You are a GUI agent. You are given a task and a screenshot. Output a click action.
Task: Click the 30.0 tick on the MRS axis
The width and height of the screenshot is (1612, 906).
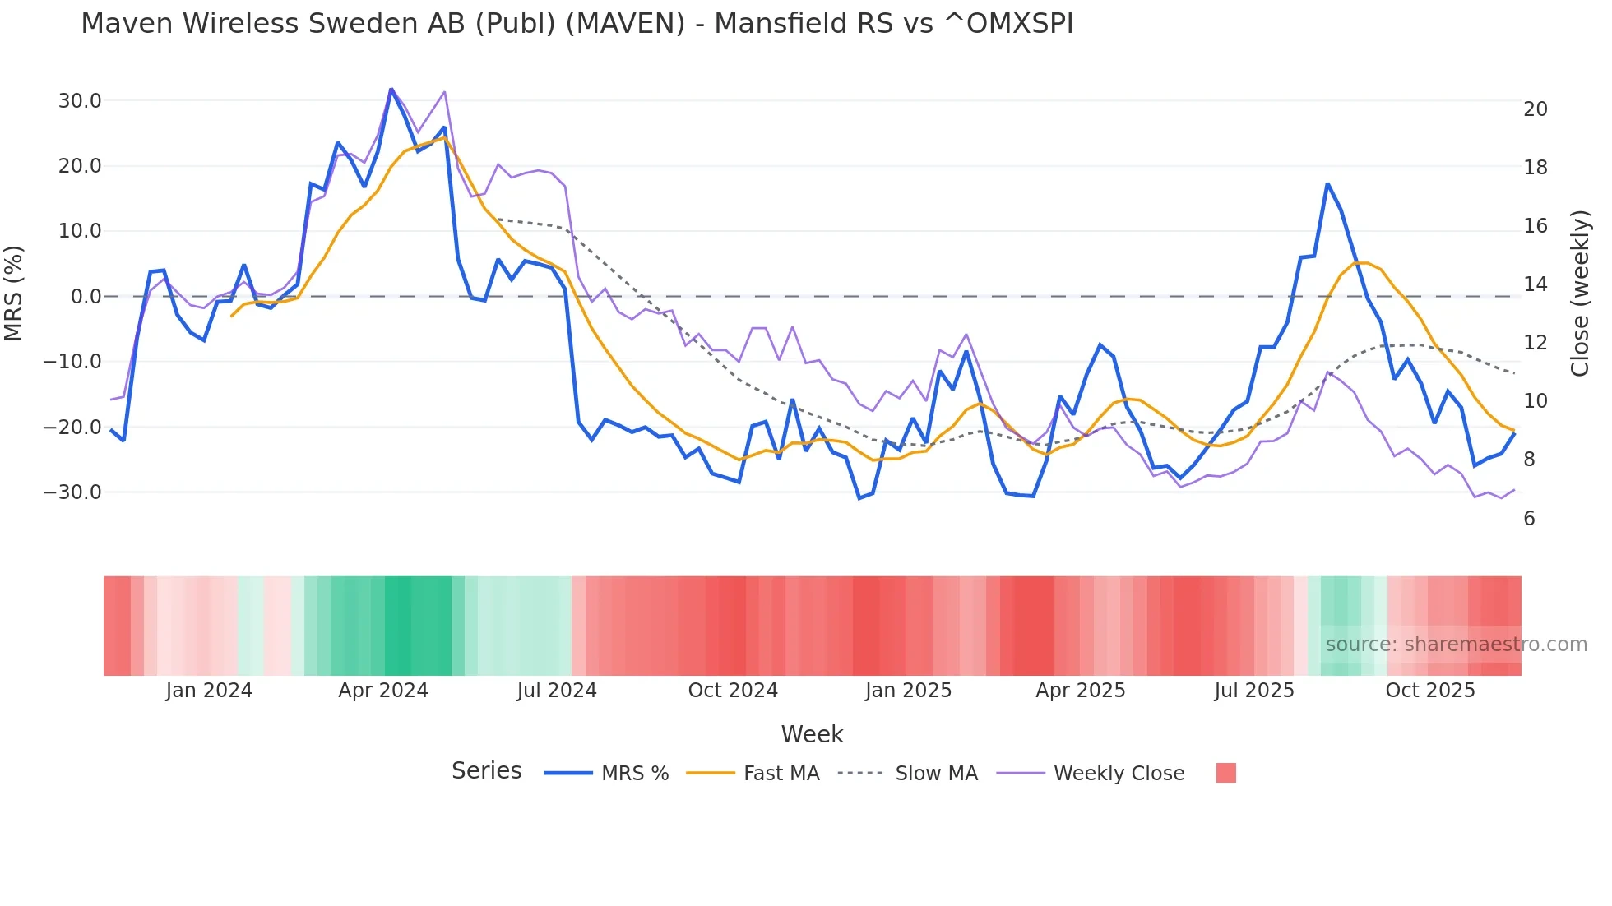tap(80, 101)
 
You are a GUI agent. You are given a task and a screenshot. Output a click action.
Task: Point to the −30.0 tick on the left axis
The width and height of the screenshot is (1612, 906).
tap(73, 492)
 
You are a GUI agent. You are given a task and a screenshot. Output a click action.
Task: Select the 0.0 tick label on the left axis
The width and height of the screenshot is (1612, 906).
tap(86, 297)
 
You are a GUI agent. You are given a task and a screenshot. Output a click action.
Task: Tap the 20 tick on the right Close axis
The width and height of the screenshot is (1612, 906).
tap(1535, 109)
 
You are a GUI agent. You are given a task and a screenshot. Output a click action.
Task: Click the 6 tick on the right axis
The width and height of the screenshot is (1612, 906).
tap(1529, 519)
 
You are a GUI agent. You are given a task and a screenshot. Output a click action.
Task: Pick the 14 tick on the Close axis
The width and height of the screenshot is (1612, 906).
tap(1535, 284)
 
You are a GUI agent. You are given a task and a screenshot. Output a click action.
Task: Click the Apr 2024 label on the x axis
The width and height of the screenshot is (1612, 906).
tap(383, 691)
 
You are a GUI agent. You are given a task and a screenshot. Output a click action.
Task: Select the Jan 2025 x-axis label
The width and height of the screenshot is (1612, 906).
tap(908, 691)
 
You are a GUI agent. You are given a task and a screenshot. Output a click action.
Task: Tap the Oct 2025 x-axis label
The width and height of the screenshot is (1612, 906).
tap(1430, 691)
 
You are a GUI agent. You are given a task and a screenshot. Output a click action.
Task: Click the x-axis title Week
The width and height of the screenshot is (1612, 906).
tap(812, 734)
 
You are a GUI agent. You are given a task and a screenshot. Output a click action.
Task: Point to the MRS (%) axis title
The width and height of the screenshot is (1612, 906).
tap(14, 294)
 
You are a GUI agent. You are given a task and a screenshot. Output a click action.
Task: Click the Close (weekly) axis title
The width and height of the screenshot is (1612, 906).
tap(1580, 294)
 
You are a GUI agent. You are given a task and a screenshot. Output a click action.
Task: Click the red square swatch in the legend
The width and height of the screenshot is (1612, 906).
tap(1225, 773)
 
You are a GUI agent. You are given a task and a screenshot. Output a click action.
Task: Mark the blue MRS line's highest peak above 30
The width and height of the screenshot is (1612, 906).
tap(391, 89)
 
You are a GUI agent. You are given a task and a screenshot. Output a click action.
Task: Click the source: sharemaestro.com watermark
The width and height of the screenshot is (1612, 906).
tap(1456, 645)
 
